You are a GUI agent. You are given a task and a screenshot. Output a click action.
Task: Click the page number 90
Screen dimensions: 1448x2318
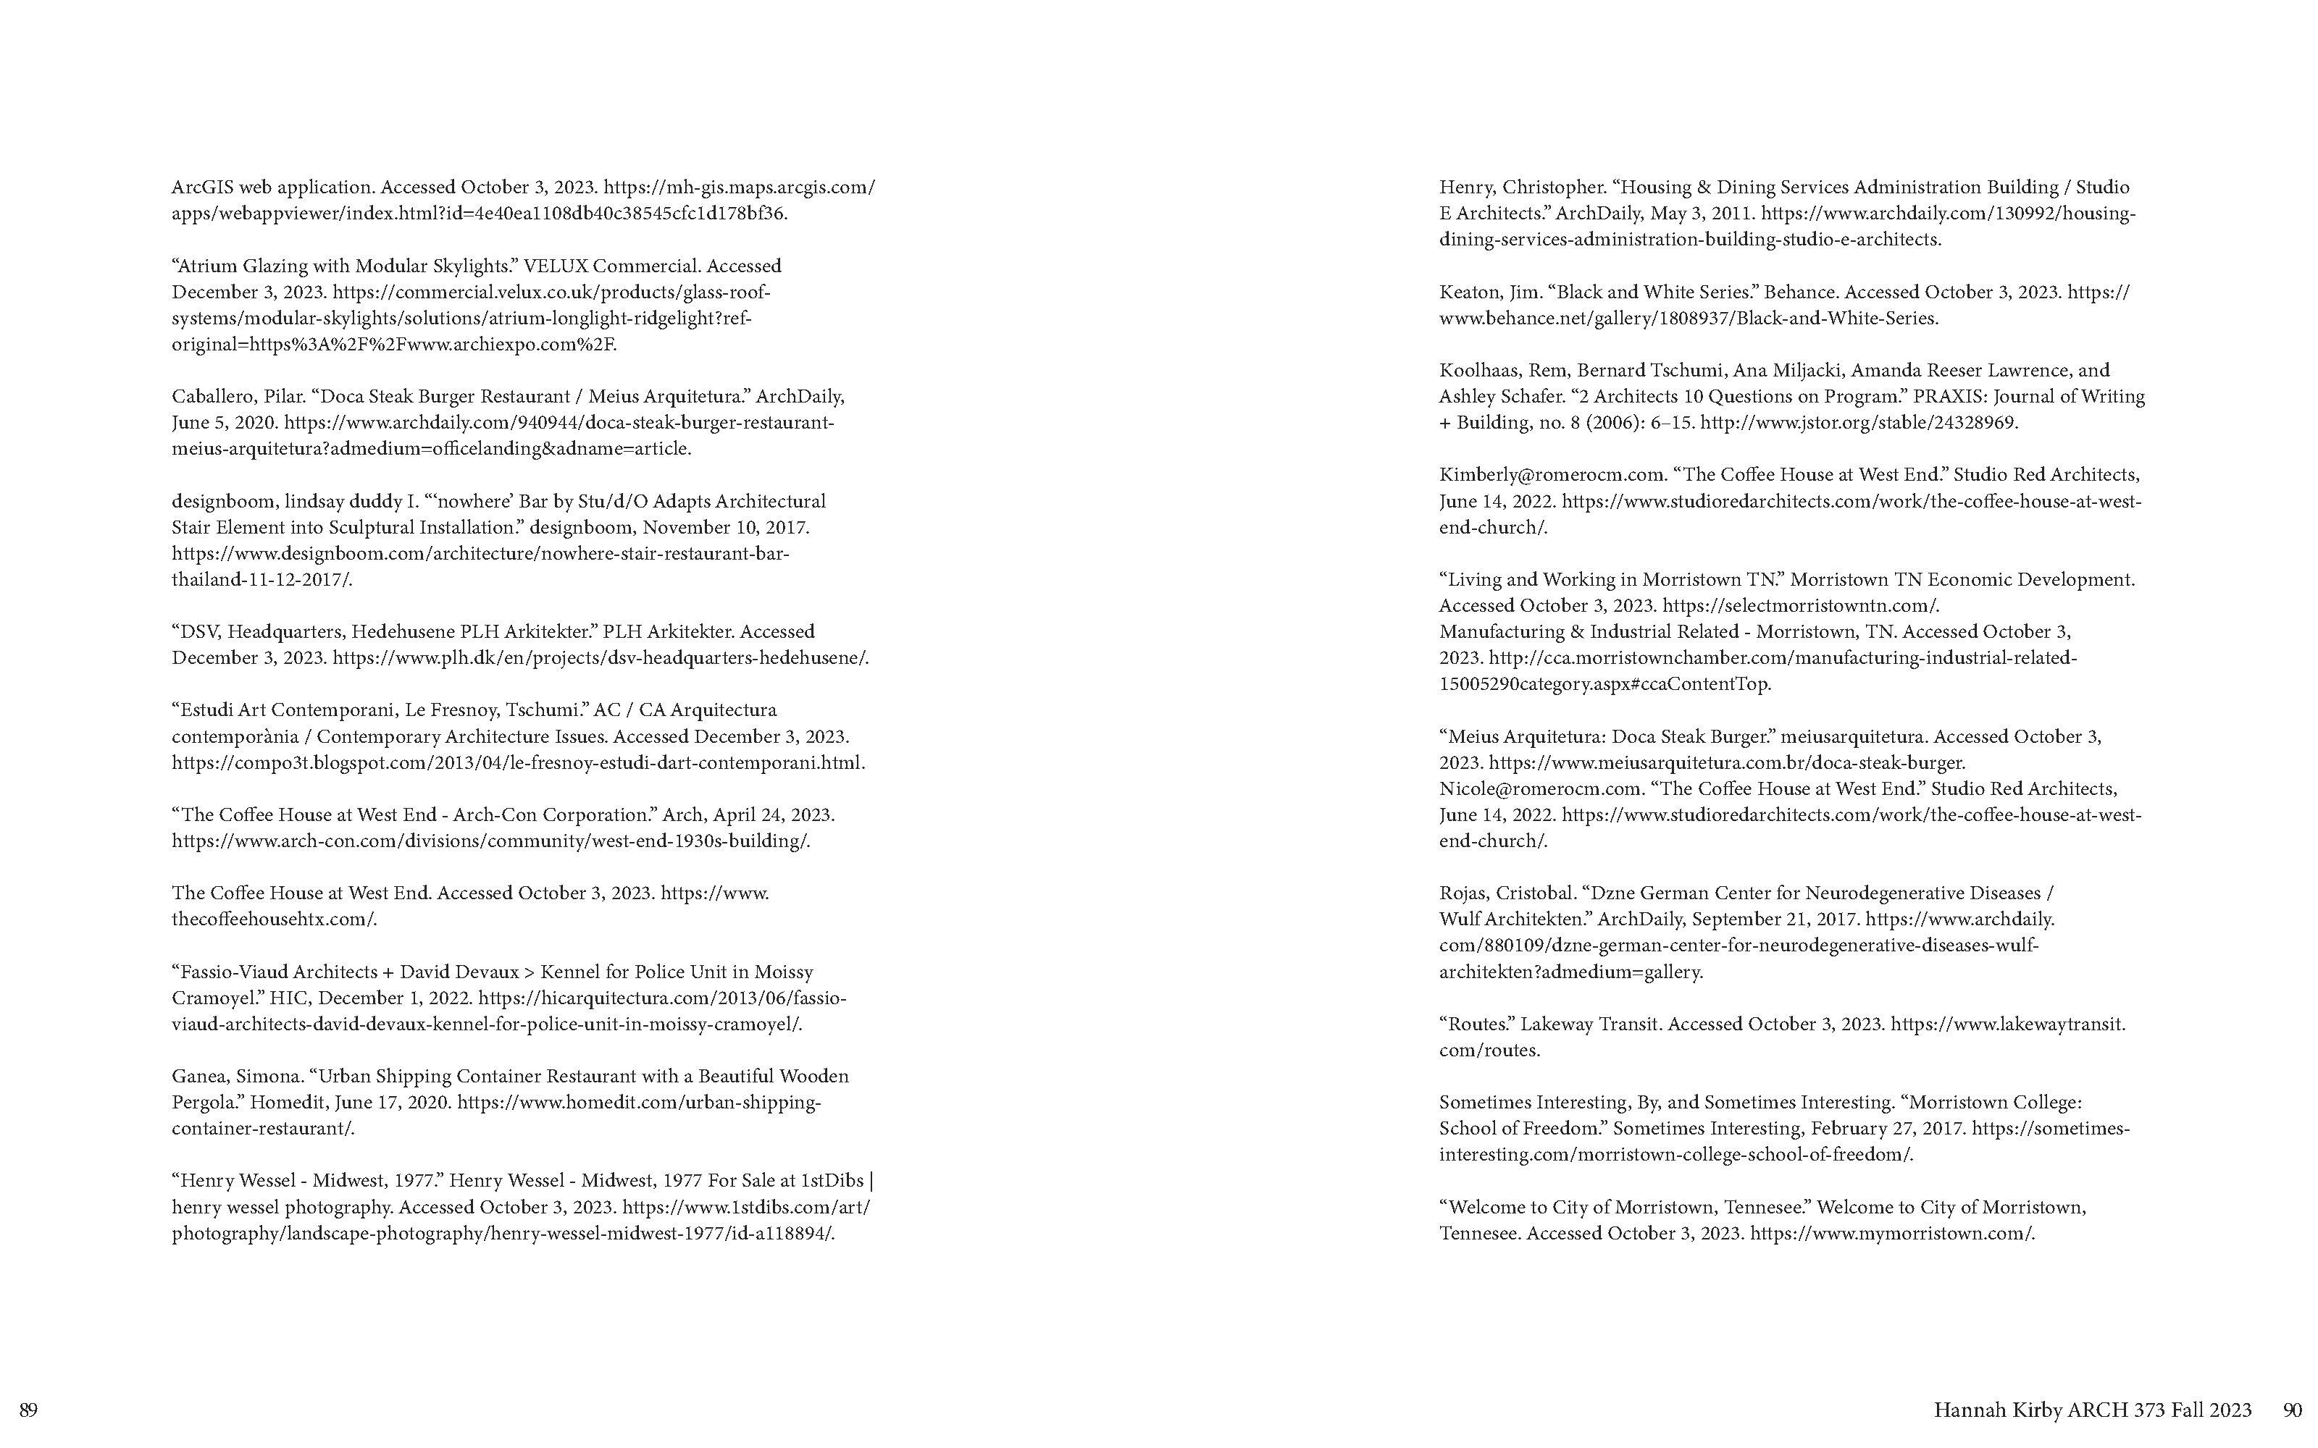coord(2292,1410)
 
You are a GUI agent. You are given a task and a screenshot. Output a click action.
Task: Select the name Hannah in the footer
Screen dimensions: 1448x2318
coord(1967,1410)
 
